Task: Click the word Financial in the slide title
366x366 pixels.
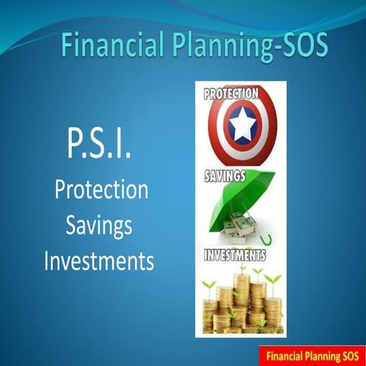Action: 106,47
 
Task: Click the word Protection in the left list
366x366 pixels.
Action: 101,190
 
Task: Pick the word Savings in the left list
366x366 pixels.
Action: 98,226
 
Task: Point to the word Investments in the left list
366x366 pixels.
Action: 99,262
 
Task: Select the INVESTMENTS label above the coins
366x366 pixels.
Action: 235,255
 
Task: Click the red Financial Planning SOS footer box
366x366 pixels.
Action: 311,354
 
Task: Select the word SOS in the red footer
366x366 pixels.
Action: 348,354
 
